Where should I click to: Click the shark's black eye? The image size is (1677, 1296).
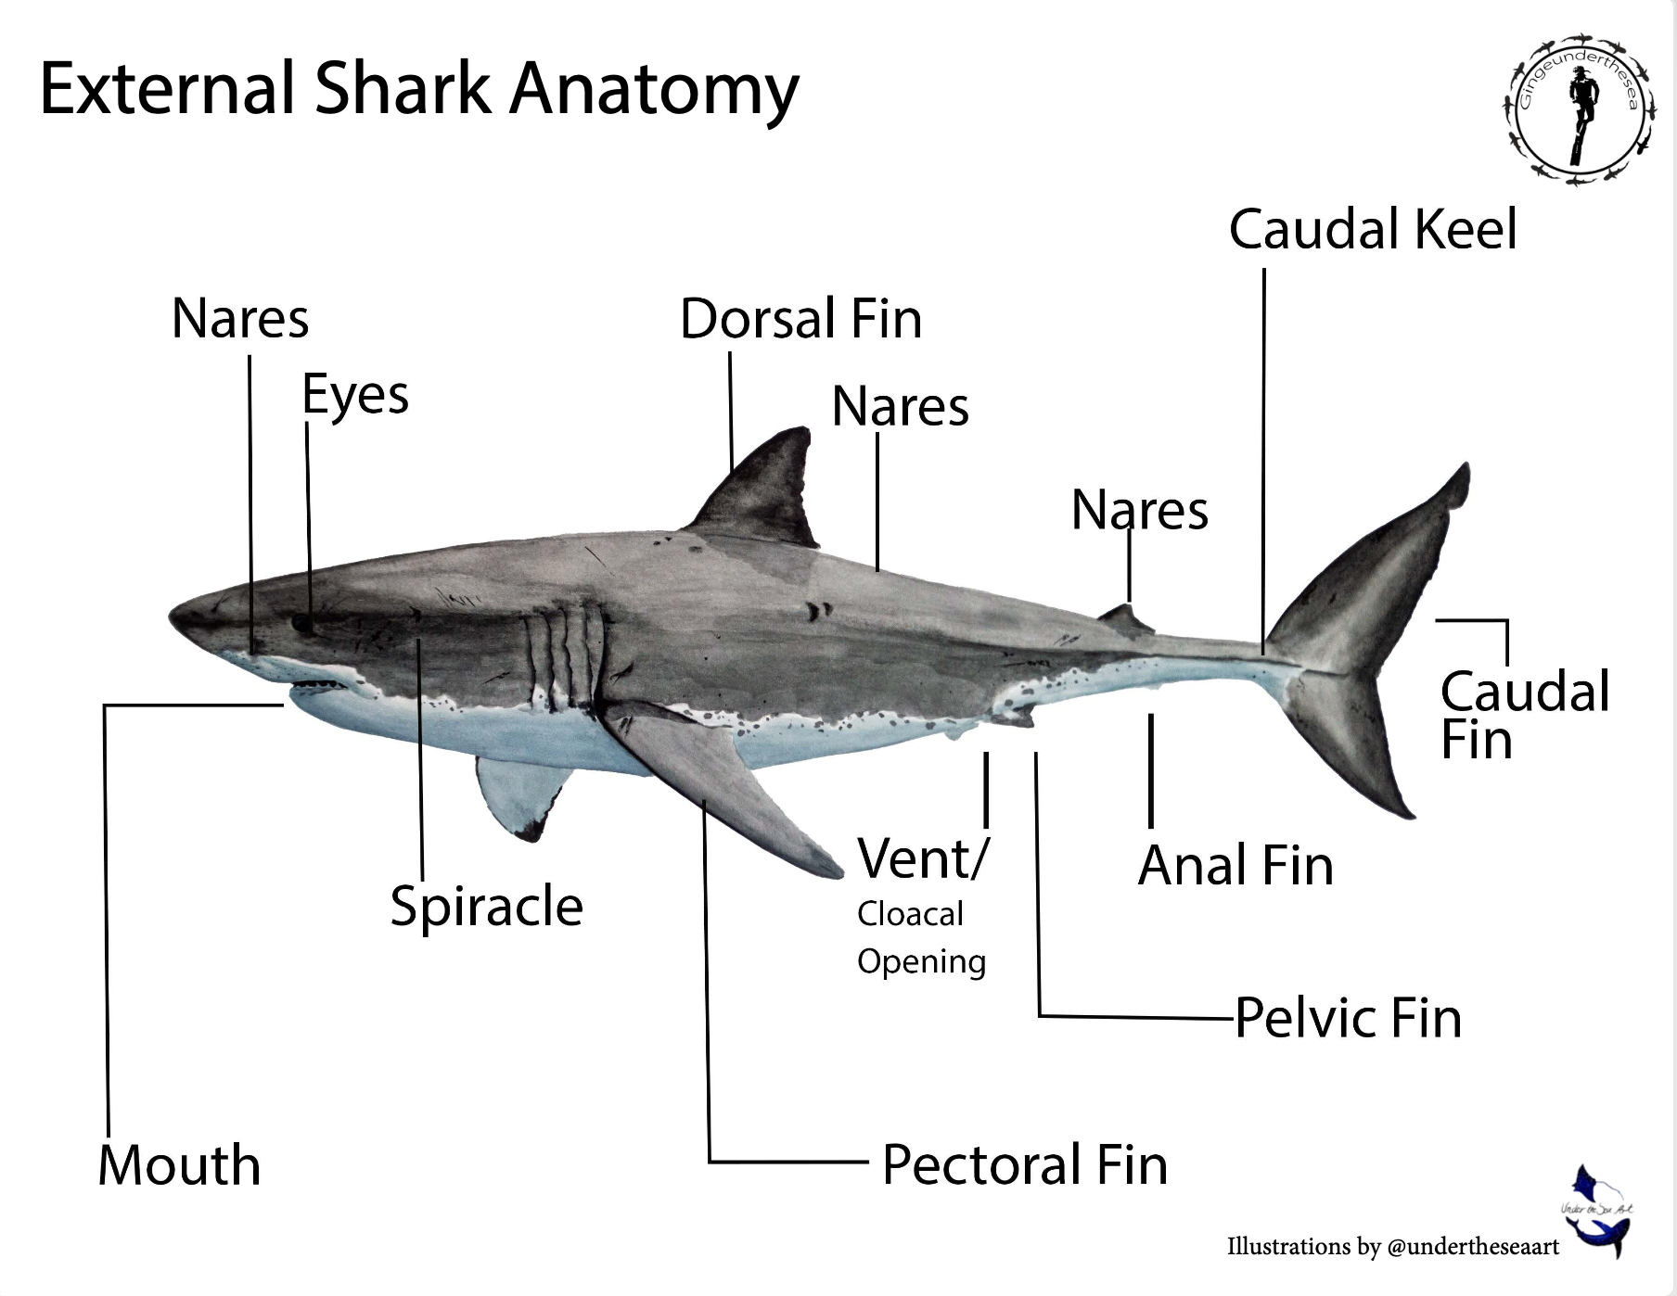302,623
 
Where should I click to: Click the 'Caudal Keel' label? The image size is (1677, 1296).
1373,230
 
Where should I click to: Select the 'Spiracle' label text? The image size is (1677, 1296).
486,906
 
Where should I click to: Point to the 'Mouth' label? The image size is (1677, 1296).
179,1165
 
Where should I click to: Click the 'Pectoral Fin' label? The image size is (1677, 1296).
1024,1165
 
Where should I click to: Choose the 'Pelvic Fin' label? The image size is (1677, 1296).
1348,1018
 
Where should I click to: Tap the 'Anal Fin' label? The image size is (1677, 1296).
1235,866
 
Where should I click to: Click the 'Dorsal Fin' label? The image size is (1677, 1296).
800,319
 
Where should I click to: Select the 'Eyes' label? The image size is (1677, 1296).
355,395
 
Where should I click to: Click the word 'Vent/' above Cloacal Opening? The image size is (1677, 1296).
923,858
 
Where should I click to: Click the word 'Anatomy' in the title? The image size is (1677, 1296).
654,89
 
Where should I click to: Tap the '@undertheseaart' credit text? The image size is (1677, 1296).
1473,1247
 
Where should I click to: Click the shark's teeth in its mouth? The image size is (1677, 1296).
315,687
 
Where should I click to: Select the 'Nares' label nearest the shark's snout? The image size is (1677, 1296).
240,319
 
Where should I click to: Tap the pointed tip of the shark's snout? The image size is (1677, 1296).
173,615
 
